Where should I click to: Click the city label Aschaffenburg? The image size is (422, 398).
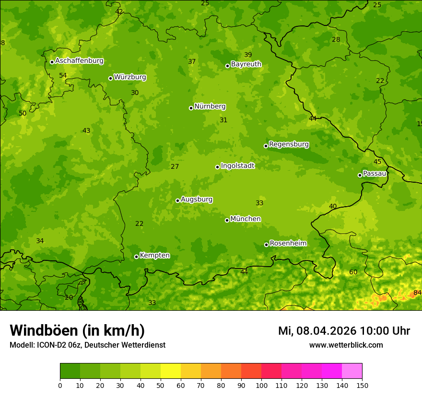79,61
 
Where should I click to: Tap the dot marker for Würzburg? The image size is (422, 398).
110,78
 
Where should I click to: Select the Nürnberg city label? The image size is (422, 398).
210,106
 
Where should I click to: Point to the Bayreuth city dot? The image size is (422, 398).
228,66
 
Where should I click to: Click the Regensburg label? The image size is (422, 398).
289,144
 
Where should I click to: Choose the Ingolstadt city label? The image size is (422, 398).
237,166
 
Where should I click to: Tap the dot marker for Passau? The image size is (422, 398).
360,175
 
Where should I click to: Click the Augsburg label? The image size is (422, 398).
197,199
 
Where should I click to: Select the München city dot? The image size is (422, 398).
227,220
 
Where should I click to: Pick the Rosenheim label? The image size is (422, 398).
288,244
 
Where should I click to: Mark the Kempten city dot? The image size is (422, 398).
136,257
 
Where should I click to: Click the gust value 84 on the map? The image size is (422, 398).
417,293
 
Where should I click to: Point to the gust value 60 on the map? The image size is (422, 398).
353,272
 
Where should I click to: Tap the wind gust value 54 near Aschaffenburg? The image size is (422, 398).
63,76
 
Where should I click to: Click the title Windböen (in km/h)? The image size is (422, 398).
77,330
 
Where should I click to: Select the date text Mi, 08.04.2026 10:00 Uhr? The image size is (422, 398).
344,331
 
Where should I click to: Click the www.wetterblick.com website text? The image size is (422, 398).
346,345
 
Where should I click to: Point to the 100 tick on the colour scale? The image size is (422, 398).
261,385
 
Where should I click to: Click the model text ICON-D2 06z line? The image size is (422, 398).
87,345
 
